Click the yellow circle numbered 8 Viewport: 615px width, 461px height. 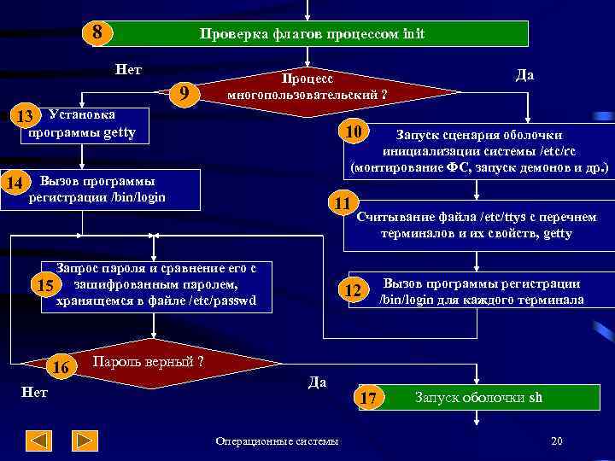pyautogui.click(x=98, y=32)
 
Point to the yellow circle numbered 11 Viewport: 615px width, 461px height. pyautogui.click(x=343, y=203)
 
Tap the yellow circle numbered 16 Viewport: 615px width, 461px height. pyautogui.click(x=61, y=367)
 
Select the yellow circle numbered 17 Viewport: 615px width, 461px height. pyautogui.click(x=369, y=398)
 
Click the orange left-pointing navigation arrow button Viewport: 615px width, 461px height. pyautogui.click(x=39, y=441)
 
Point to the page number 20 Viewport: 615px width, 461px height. pyautogui.click(x=556, y=441)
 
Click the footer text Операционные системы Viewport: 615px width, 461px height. pyautogui.click(x=277, y=441)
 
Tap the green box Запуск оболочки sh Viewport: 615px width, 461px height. pyautogui.click(x=478, y=398)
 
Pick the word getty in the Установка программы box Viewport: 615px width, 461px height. pyautogui.click(x=119, y=133)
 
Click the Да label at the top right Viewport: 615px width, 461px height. pyautogui.click(x=525, y=74)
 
